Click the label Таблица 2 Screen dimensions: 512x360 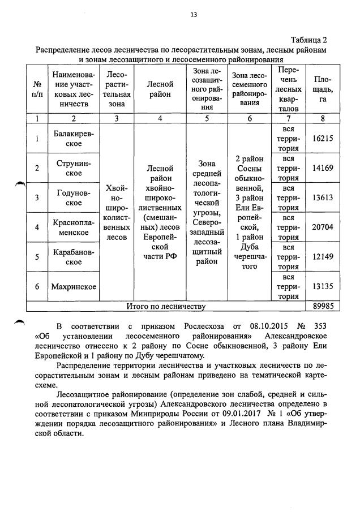click(309, 40)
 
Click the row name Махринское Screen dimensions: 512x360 click(74, 286)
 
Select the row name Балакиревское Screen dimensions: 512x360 click(74, 138)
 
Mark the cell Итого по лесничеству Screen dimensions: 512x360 click(165, 306)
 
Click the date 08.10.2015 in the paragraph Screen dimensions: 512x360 click(263, 326)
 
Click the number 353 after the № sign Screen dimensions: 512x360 click(320, 326)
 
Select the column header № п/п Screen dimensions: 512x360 click(37, 89)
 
